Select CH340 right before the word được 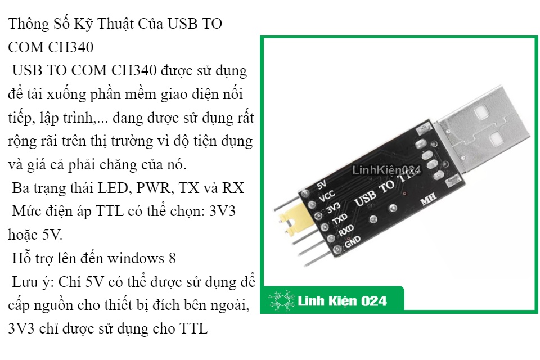(x=134, y=71)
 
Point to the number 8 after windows (x=172, y=258)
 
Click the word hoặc (x=22, y=235)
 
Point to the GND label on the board (x=352, y=241)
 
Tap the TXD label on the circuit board (x=340, y=219)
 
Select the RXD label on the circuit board (x=346, y=230)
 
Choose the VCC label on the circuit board (x=327, y=196)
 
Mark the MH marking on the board (x=429, y=199)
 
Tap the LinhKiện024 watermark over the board (x=386, y=170)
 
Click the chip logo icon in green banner (x=282, y=300)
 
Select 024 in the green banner (x=374, y=301)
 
